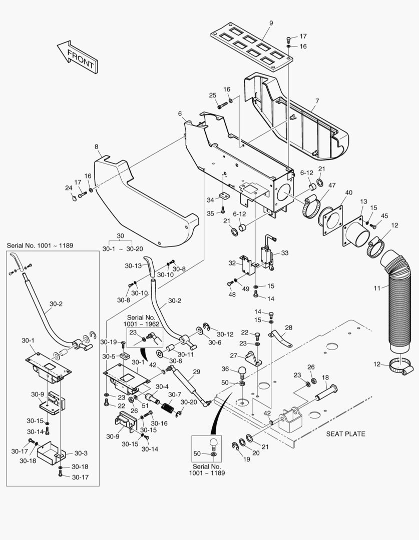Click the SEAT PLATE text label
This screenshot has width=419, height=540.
click(x=345, y=433)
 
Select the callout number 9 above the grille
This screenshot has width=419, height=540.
click(x=271, y=23)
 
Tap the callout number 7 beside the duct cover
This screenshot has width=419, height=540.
click(x=316, y=101)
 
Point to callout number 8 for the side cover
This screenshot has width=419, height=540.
click(x=97, y=147)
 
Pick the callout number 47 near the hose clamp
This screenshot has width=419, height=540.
click(x=332, y=185)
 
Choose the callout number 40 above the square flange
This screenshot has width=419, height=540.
click(x=348, y=192)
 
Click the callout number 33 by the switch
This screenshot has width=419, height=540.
click(x=284, y=253)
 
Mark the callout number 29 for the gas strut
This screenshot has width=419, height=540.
click(x=196, y=371)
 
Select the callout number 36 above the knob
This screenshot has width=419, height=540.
click(x=226, y=369)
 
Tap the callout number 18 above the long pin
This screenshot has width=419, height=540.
click(x=325, y=377)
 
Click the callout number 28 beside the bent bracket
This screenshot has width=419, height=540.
click(x=288, y=328)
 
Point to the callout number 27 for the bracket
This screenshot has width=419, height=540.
click(x=233, y=355)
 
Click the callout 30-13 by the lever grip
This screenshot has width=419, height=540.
click(x=133, y=266)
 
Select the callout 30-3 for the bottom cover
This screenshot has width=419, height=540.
click(x=81, y=453)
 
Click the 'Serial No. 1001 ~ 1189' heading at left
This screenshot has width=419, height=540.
click(x=40, y=245)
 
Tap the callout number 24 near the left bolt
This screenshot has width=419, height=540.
click(x=69, y=188)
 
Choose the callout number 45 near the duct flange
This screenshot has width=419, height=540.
click(x=384, y=215)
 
